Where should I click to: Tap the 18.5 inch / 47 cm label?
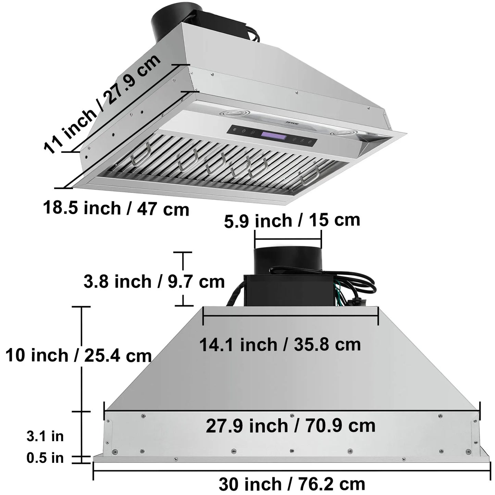(116, 208)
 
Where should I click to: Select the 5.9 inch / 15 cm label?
(292, 220)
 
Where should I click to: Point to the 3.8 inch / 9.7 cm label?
(154, 282)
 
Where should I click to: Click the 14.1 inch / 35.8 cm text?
(280, 344)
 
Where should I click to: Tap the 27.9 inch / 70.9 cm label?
(290, 426)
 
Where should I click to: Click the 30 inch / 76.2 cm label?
(292, 484)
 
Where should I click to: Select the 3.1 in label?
(45, 436)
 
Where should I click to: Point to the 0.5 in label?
(45, 458)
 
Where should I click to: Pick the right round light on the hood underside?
(343, 133)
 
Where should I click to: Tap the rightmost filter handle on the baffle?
(309, 175)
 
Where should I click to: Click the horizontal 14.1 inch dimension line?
(290, 316)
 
